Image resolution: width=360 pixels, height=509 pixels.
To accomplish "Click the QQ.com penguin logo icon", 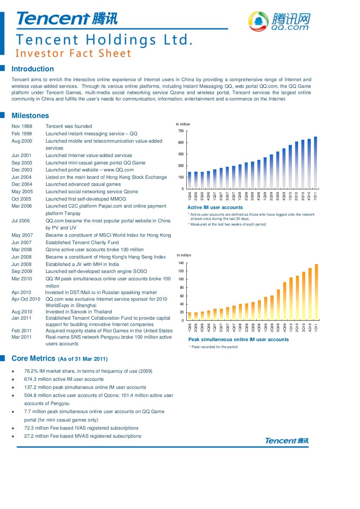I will [258, 21].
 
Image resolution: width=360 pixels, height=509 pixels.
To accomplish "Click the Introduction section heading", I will [33, 69].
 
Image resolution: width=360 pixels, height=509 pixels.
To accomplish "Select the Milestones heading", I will [30, 116].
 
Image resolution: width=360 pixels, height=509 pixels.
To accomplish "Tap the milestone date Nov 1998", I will [22, 126].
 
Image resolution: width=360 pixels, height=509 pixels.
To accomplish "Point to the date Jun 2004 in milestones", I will [21, 177].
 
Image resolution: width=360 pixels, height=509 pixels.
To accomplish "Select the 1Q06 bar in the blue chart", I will [190, 180].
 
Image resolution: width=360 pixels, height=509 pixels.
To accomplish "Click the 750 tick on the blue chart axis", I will [181, 131].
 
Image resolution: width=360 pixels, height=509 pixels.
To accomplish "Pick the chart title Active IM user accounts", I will [215, 207].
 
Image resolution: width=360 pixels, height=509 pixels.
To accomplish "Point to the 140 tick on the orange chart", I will [181, 263].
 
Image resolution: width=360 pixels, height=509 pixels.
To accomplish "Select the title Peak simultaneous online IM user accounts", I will [238, 339].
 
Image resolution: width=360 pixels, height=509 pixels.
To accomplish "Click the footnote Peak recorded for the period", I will [214, 347].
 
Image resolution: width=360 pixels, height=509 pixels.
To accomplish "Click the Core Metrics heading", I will [33, 358].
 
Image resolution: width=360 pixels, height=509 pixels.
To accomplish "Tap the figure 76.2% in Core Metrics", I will [31, 371].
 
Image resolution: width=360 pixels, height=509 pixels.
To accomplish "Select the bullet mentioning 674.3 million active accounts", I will [64, 379].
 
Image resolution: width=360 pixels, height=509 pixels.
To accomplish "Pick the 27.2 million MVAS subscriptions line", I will [83, 436].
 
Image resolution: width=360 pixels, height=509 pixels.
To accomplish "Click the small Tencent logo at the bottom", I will [287, 441].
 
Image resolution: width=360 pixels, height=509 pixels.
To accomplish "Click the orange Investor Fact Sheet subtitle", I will [73, 53].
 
